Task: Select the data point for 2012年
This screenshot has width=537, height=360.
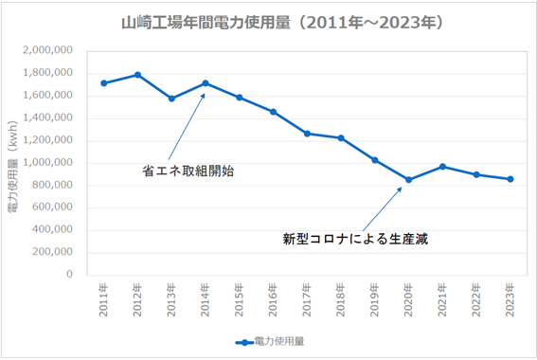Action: [x=137, y=75]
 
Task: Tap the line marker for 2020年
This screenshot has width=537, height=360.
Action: [x=408, y=180]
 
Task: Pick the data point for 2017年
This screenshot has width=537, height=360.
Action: [x=307, y=134]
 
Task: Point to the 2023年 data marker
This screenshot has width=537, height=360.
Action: [x=510, y=179]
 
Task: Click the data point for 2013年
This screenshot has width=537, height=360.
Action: [x=171, y=99]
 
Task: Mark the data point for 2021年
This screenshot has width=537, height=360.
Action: [x=442, y=167]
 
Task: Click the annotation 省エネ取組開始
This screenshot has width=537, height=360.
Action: [x=188, y=171]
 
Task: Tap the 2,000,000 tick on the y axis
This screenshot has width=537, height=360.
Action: [x=47, y=50]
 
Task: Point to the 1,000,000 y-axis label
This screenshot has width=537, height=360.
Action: [x=47, y=163]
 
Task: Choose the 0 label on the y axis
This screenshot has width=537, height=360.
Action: [x=69, y=275]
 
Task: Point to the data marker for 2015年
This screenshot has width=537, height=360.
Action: [x=239, y=98]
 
